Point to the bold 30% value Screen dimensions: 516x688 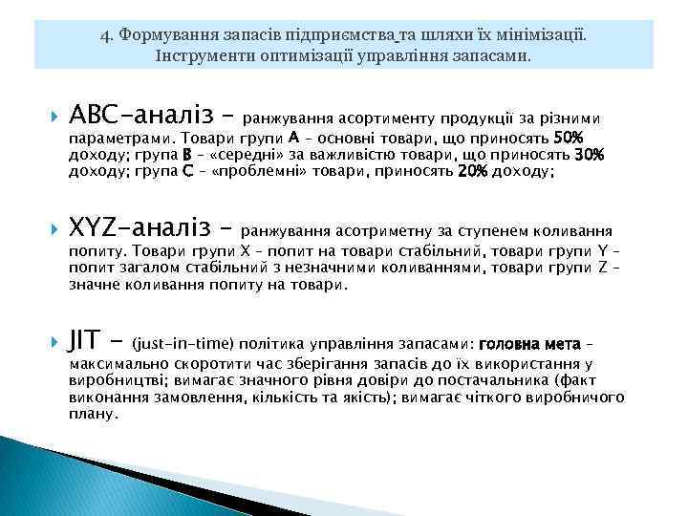[589, 154]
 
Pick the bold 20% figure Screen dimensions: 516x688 [473, 171]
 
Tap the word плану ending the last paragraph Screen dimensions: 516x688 [93, 414]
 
